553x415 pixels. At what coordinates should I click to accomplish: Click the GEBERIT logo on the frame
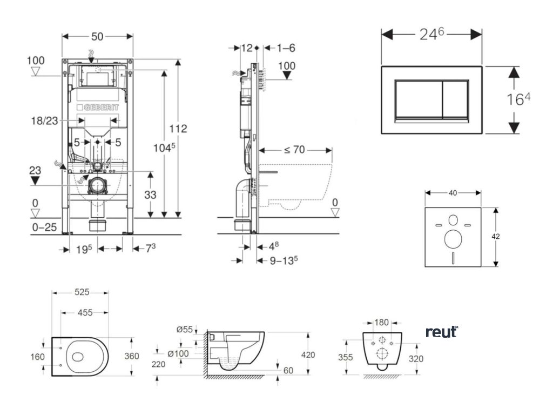click(x=98, y=109)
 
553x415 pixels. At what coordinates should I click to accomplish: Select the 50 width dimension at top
click(x=97, y=36)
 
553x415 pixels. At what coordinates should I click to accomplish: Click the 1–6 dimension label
click(x=286, y=48)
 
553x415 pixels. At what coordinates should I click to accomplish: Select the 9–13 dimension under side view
click(x=284, y=260)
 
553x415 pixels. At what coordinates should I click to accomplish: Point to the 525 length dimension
click(x=82, y=292)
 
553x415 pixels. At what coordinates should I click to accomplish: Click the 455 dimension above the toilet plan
click(x=84, y=312)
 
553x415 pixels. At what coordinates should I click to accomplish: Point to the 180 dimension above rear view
click(x=381, y=323)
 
